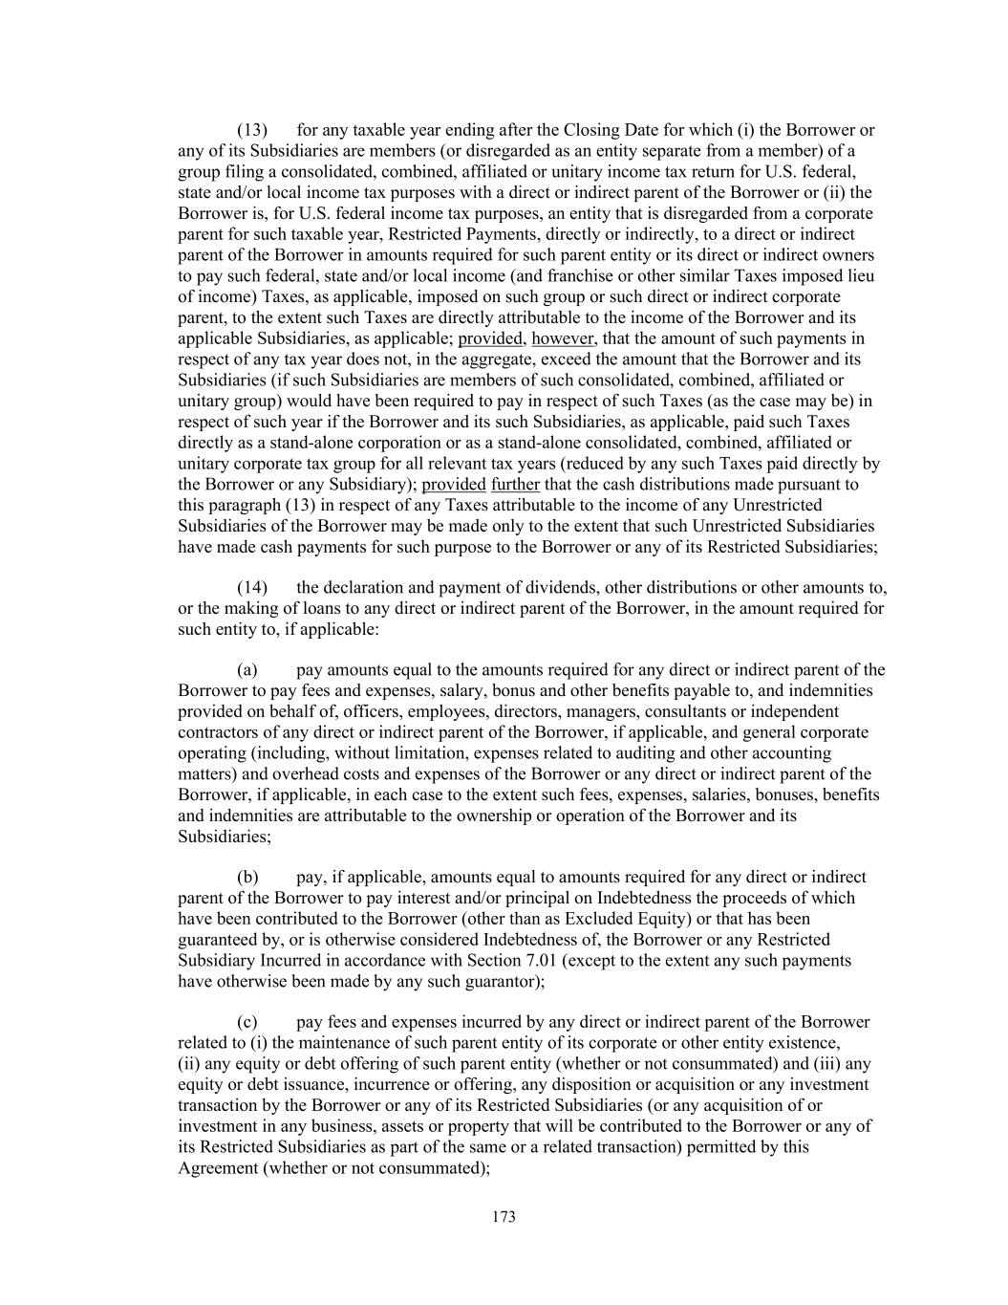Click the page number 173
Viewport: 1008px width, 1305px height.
pyautogui.click(x=504, y=1217)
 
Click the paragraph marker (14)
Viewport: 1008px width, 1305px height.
pyautogui.click(x=252, y=587)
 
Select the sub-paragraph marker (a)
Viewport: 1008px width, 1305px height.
pyautogui.click(x=247, y=669)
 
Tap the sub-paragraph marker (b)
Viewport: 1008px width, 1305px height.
pyautogui.click(x=247, y=877)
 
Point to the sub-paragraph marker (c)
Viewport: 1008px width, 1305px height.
pyautogui.click(x=247, y=1021)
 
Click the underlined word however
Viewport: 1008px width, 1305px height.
pyautogui.click(x=563, y=338)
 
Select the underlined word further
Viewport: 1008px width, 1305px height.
pyautogui.click(x=515, y=484)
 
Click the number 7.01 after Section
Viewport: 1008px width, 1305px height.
pyautogui.click(x=688, y=939)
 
